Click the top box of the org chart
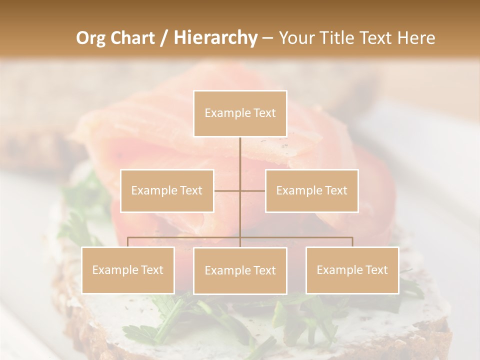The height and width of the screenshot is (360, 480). click(x=240, y=113)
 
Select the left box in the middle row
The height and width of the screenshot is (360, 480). click(x=167, y=190)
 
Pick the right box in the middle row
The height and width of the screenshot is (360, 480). click(x=311, y=190)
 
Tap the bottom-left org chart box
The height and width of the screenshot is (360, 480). click(x=128, y=270)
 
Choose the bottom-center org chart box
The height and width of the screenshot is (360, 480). click(x=240, y=270)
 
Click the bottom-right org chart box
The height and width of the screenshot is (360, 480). click(x=352, y=270)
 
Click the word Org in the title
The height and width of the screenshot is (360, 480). click(x=91, y=38)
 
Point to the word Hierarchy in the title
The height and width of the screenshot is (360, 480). click(x=215, y=38)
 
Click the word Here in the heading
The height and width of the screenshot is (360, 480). click(x=416, y=38)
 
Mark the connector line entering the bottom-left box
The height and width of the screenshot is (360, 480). click(x=128, y=242)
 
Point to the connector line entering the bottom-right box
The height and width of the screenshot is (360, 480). click(x=352, y=242)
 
